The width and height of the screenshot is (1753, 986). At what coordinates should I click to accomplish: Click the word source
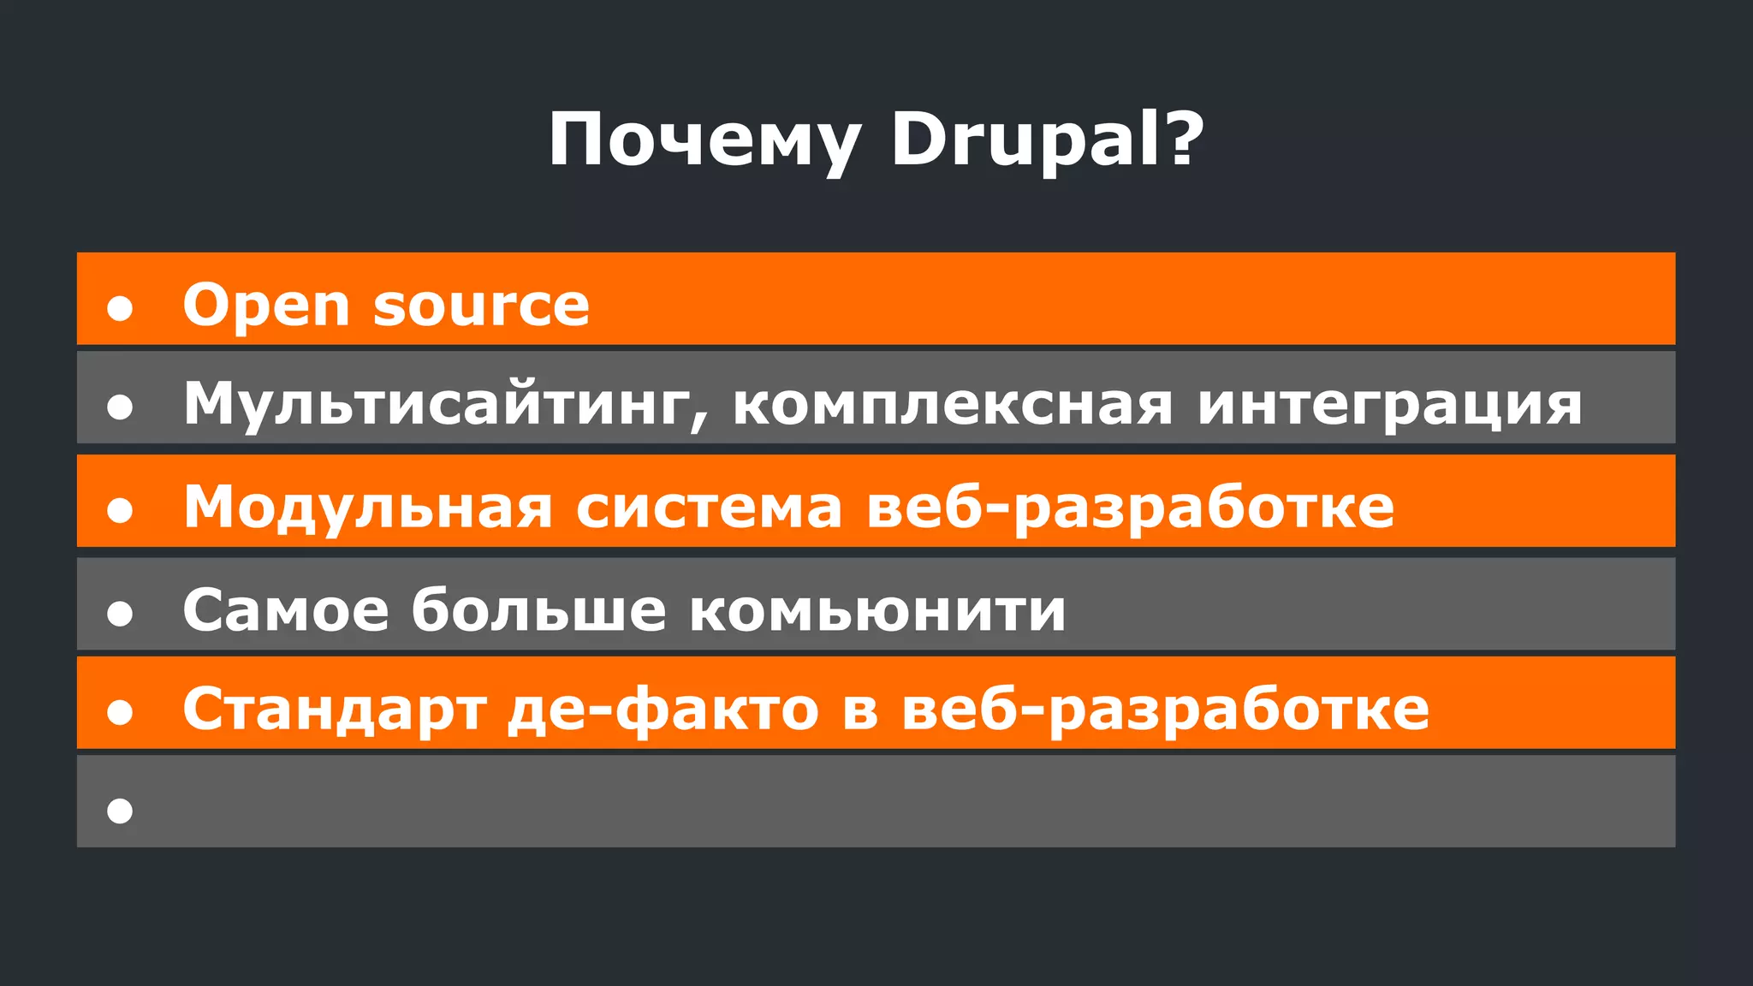point(481,306)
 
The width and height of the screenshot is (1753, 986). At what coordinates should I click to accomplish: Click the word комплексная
point(953,404)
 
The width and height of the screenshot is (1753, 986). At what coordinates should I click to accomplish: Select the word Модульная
point(368,508)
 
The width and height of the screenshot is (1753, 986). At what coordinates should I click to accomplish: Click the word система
point(709,508)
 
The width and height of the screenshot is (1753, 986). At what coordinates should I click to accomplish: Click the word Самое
point(286,610)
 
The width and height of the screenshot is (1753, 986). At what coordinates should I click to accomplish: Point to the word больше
point(538,610)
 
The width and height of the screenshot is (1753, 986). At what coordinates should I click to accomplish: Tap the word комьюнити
point(877,611)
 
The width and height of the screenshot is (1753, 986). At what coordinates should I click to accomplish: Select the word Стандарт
point(335,710)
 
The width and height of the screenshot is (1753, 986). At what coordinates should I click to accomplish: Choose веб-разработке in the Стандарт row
point(1165,710)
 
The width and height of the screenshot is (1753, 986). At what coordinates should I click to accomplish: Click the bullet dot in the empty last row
point(120,811)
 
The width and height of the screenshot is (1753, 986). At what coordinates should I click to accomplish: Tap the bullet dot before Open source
point(120,308)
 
